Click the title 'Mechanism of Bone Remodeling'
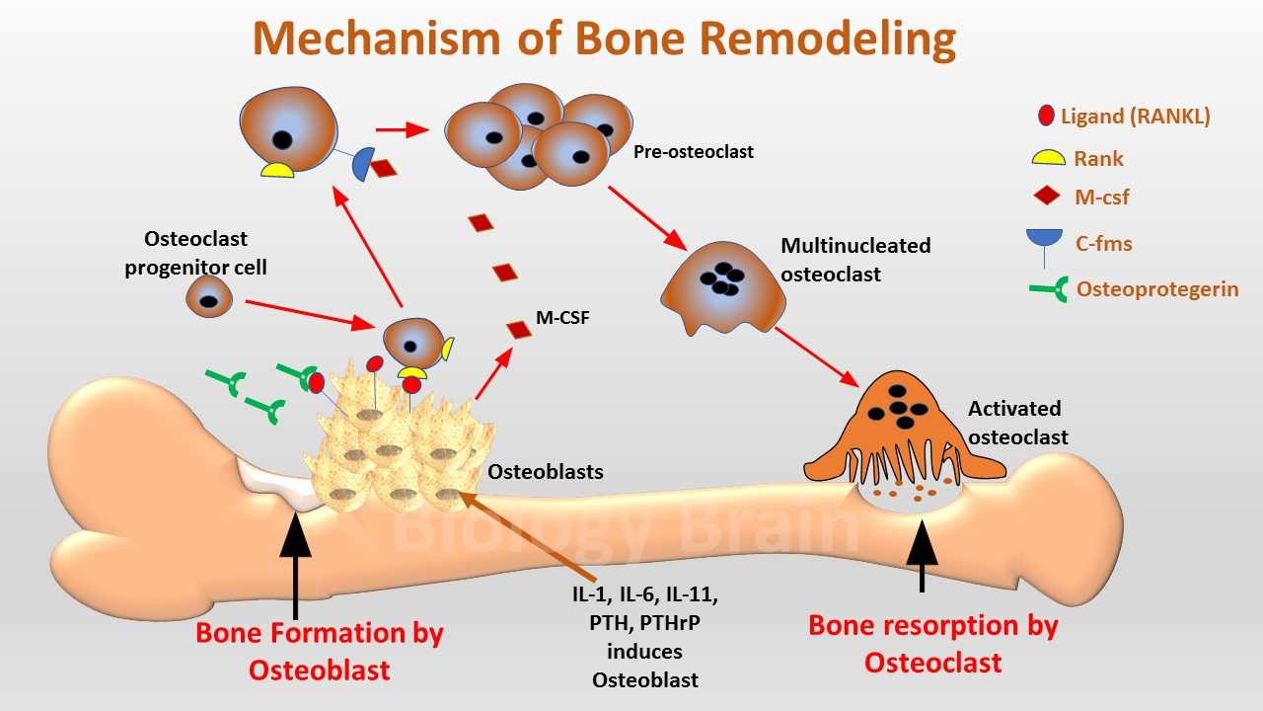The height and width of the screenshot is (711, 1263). coord(604,39)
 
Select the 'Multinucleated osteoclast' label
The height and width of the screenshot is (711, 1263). coord(855,260)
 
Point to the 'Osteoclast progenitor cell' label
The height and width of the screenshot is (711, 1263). coord(195,253)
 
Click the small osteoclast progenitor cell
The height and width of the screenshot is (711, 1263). coord(209,295)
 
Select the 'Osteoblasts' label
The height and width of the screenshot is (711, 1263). coord(546,472)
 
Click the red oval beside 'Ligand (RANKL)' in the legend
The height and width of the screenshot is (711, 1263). coord(1046,116)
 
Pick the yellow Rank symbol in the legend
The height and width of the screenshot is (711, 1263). coord(1047,158)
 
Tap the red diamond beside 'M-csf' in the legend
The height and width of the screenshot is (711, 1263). coord(1047,197)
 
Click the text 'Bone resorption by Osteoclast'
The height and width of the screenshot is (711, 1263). coord(932,643)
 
